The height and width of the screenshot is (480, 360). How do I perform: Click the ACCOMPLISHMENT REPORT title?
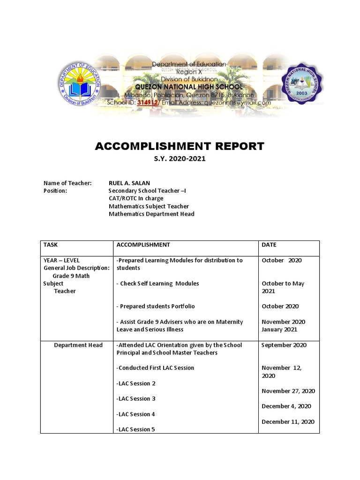(x=180, y=146)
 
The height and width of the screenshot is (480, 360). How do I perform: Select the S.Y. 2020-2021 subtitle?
(x=180, y=159)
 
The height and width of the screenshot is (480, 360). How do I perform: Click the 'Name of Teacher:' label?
(x=67, y=183)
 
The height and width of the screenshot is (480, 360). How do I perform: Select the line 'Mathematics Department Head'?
(x=151, y=214)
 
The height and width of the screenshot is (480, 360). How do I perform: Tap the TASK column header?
(x=50, y=245)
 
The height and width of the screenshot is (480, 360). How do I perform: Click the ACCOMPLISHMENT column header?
(x=143, y=245)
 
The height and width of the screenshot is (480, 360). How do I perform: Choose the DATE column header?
(x=269, y=245)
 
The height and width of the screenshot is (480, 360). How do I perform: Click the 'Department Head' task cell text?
(x=78, y=345)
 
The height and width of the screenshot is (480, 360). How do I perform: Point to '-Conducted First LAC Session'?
(x=155, y=368)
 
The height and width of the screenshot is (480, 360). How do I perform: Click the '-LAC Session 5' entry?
(x=135, y=429)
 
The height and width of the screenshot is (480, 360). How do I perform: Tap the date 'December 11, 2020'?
(x=288, y=421)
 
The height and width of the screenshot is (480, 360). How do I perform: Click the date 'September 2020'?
(x=284, y=345)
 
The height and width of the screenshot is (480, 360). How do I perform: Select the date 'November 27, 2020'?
(x=288, y=391)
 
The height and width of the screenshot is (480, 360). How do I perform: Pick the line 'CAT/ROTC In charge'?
(x=136, y=198)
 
